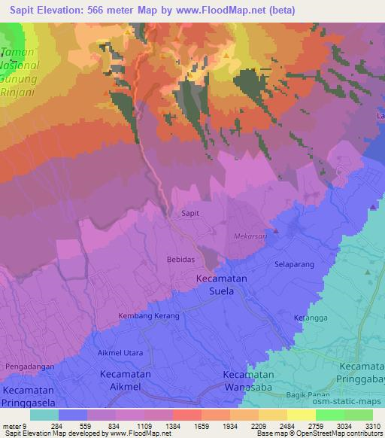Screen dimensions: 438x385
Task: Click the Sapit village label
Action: (191, 214)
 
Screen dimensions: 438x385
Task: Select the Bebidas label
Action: (180, 259)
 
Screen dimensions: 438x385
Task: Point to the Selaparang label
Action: (294, 266)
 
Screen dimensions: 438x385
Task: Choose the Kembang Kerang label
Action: (149, 316)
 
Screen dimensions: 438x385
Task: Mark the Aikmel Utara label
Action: (120, 352)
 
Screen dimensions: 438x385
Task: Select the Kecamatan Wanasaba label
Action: (252, 380)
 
